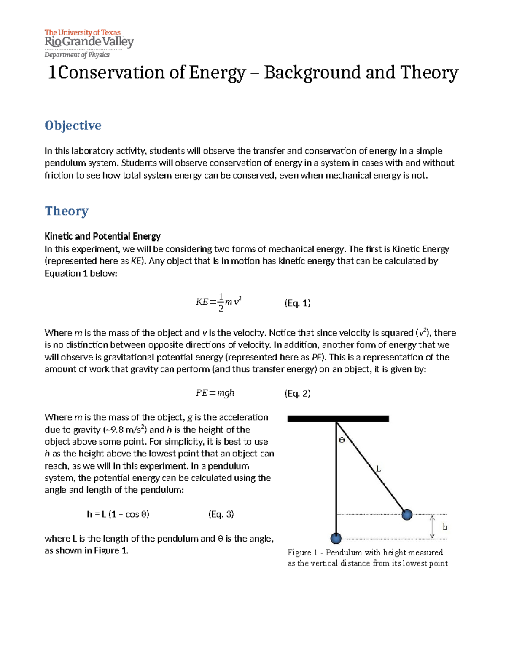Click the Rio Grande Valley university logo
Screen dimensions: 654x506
[x=89, y=39]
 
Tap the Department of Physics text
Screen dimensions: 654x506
[x=77, y=55]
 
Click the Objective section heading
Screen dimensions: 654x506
[x=73, y=125]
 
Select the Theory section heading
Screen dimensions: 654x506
[x=67, y=211]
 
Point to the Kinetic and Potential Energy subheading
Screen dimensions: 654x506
[x=102, y=236]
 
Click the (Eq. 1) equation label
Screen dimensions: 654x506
[x=297, y=303]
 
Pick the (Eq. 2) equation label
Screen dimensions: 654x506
[x=297, y=393]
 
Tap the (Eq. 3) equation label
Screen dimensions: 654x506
[x=221, y=514]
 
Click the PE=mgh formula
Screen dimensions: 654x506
[x=215, y=393]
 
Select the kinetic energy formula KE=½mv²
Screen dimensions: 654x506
[x=218, y=302]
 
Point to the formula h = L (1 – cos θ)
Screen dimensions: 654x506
[x=118, y=514]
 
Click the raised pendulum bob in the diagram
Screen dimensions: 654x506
[x=406, y=514]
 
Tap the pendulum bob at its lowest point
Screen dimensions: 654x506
[x=336, y=538]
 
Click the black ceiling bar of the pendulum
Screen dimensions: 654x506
[x=338, y=419]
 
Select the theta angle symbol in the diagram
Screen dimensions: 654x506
[x=342, y=440]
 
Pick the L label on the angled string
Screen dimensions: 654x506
[x=378, y=468]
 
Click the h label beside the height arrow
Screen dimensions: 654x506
[x=444, y=527]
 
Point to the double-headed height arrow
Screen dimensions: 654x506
[x=432, y=527]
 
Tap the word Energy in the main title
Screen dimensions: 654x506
[x=217, y=73]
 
